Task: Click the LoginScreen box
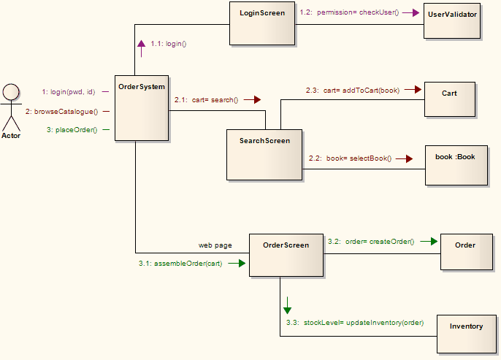pyautogui.click(x=261, y=23)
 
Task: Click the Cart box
pyautogui.click(x=449, y=99)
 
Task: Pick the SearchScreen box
pyautogui.click(x=264, y=154)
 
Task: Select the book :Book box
pyautogui.click(x=455, y=167)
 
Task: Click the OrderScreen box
pyautogui.click(x=286, y=255)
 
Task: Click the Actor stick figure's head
pyautogui.click(x=11, y=92)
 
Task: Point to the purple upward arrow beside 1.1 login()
pyautogui.click(x=141, y=45)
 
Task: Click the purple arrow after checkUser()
pyautogui.click(x=413, y=12)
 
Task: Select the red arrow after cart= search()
pyautogui.click(x=253, y=99)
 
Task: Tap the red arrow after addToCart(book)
pyautogui.click(x=413, y=90)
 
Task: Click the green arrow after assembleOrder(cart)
pyautogui.click(x=236, y=263)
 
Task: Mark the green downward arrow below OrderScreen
pyautogui.click(x=288, y=305)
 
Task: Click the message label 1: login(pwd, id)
pyautogui.click(x=69, y=92)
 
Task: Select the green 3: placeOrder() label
pyautogui.click(x=72, y=130)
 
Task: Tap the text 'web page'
pyautogui.click(x=215, y=245)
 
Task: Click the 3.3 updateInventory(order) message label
pyautogui.click(x=354, y=322)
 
